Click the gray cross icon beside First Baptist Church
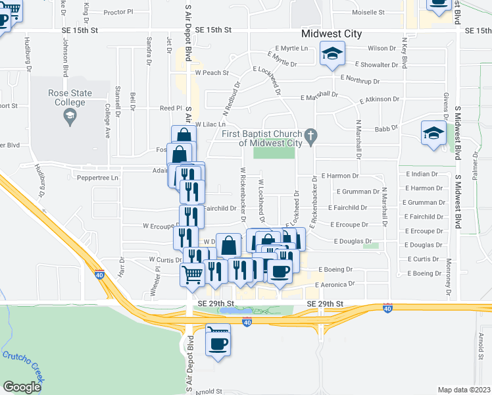point(313,137)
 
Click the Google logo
point(22,387)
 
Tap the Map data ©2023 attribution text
point(464,390)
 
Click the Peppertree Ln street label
point(97,178)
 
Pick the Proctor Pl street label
point(118,12)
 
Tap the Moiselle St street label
point(368,12)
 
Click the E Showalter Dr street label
point(380,65)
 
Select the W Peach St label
point(211,72)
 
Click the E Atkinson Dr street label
point(381,101)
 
